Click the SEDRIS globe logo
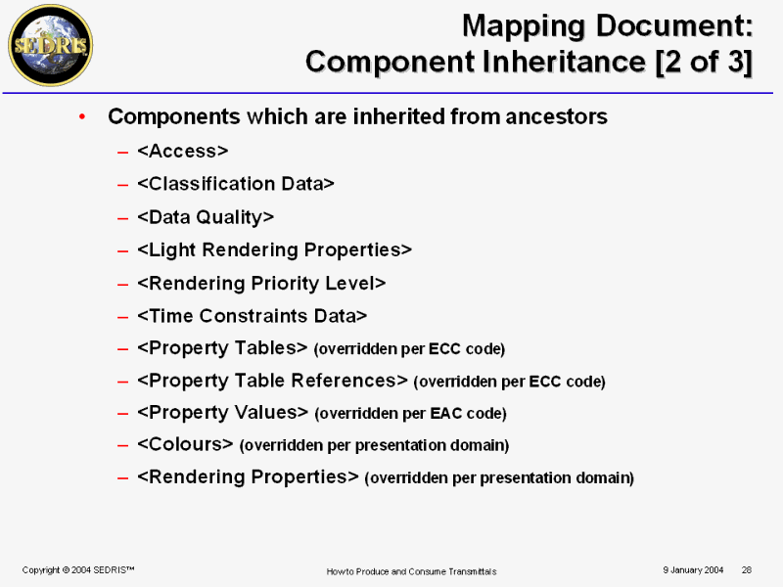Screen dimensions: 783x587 point(51,45)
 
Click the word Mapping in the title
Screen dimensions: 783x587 point(524,26)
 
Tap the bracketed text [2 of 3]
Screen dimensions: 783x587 point(704,62)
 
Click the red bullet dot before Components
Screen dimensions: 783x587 point(82,116)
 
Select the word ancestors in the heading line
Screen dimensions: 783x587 point(556,116)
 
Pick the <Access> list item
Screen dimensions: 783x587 point(183,151)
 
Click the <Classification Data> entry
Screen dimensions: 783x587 point(236,184)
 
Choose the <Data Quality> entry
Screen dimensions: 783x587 point(206,217)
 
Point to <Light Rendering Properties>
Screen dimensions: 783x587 point(275,249)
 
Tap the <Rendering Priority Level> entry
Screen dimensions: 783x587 point(261,283)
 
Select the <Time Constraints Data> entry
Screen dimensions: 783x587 point(253,316)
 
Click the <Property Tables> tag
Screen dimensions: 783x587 point(222,348)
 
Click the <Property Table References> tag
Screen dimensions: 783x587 point(273,381)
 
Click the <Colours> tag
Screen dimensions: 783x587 point(185,444)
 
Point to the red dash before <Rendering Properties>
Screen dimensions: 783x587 point(123,478)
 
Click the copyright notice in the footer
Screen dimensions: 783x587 point(78,570)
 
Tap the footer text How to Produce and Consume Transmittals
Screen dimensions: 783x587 point(411,571)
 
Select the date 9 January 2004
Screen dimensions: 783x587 point(693,570)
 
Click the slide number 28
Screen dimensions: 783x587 point(747,570)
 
